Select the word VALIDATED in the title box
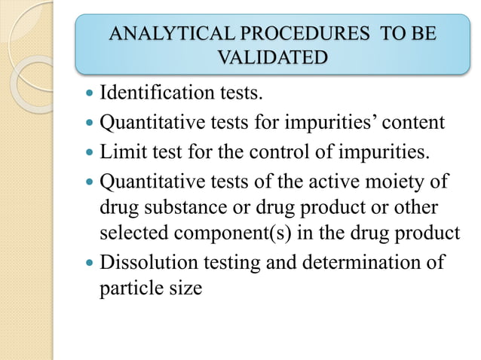tap(272, 57)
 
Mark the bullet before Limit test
tap(90, 153)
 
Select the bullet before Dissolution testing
tap(90, 264)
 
